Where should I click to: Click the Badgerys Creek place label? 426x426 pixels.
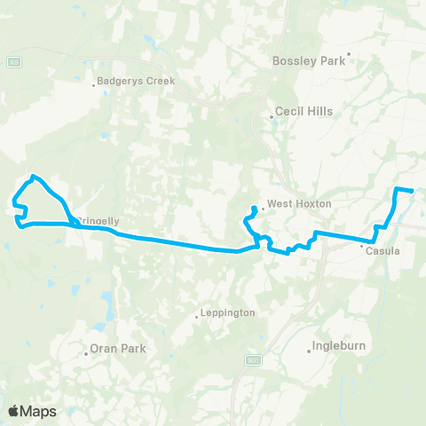[x=138, y=81]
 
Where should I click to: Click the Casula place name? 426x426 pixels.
[x=382, y=251]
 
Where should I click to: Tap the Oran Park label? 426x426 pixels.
[x=118, y=349]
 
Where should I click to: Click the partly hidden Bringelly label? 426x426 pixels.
[x=97, y=221]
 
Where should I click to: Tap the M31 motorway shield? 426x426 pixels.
[x=253, y=359]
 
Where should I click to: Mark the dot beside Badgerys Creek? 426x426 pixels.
[x=95, y=85]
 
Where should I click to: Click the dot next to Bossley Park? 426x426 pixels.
[x=350, y=54]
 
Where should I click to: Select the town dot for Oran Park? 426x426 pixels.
[x=86, y=351]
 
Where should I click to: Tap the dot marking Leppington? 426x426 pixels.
[x=197, y=317]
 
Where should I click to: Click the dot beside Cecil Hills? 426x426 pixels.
[x=272, y=116]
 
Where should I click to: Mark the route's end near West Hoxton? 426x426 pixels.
[x=255, y=208]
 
